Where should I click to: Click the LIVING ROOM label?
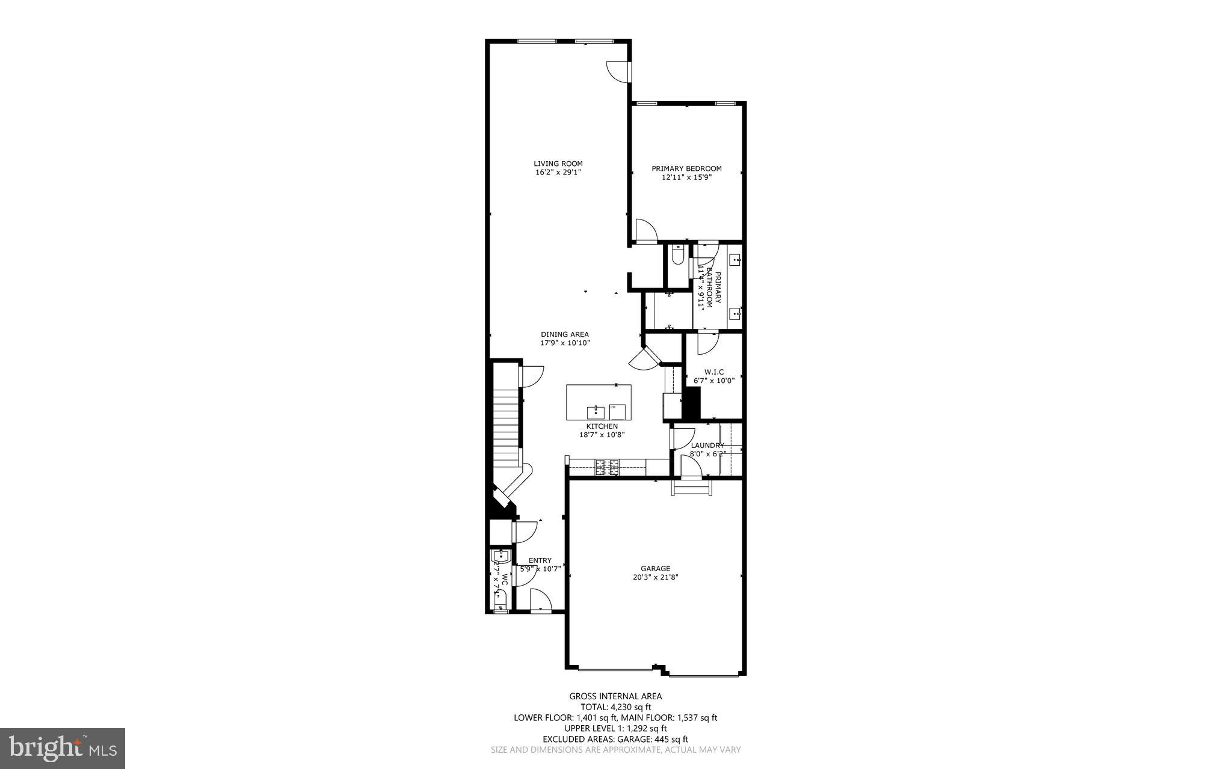558,164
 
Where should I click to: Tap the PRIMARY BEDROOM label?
686,169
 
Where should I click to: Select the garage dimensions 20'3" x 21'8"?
655,577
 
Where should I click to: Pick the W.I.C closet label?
714,372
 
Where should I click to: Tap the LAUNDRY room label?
707,446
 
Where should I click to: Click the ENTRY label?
540,560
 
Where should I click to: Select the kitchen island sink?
596,412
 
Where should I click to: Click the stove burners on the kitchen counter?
607,467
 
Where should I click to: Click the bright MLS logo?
63,748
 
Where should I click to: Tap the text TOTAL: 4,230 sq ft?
615,707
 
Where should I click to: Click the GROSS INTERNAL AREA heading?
615,696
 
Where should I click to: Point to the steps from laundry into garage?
691,488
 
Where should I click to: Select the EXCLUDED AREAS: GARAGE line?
615,739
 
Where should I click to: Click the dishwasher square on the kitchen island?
617,412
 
